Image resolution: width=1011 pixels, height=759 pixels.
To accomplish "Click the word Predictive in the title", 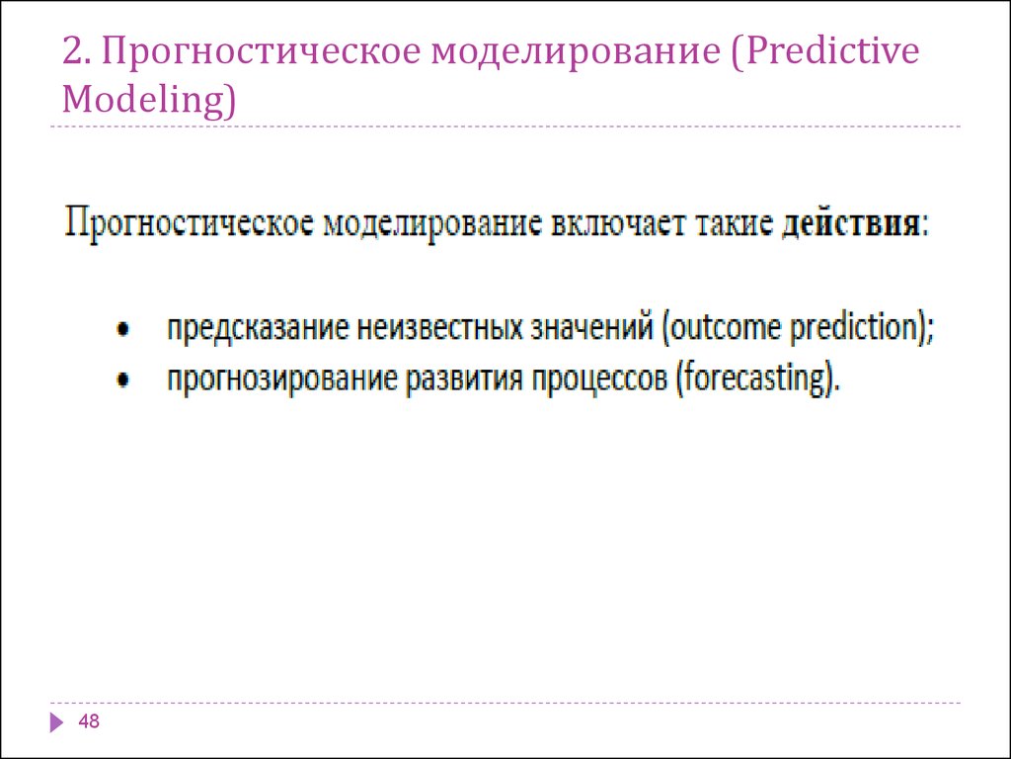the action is [x=831, y=51].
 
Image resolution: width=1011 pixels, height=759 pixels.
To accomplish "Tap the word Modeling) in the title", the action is [x=149, y=100].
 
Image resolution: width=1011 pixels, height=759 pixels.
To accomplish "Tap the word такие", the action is [x=733, y=223].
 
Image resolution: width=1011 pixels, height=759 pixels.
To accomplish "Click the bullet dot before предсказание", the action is [x=123, y=329].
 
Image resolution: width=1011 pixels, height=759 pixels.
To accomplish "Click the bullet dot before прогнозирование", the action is [x=123, y=379].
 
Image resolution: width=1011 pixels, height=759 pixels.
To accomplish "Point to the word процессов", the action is [x=599, y=379].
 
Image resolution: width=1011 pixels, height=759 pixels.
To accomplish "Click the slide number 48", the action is [x=89, y=720].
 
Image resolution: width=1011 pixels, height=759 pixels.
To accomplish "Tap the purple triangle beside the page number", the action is [x=56, y=721].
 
